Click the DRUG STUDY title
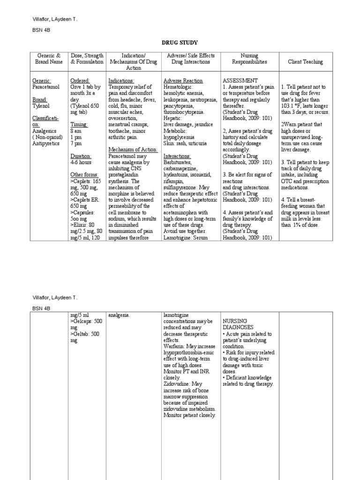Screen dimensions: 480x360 tap(180, 43)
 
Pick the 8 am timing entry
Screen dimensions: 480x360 tap(76, 131)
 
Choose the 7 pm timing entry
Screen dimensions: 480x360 tap(76, 143)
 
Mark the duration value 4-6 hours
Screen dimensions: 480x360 tap(82, 162)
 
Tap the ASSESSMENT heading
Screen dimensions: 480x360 tap(240, 81)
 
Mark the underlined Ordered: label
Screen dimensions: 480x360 tap(80, 81)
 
